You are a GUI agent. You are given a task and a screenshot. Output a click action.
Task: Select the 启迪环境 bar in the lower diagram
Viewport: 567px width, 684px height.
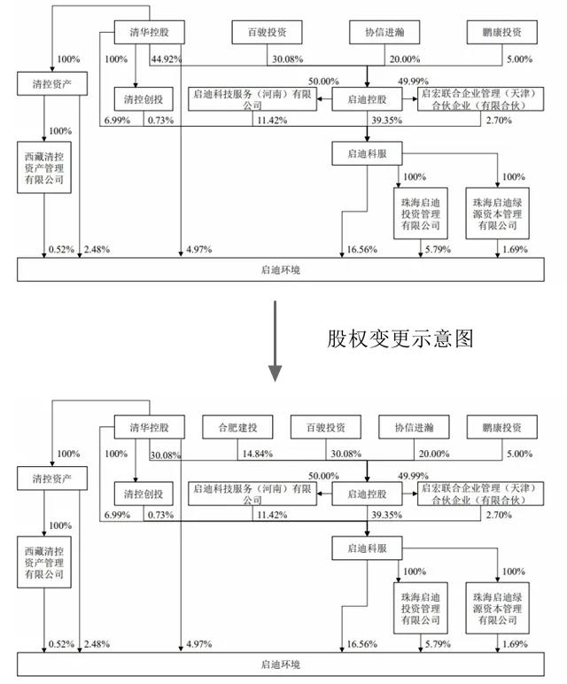pyautogui.click(x=283, y=663)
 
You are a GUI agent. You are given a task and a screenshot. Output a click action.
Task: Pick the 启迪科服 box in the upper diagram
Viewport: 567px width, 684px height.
pyautogui.click(x=367, y=154)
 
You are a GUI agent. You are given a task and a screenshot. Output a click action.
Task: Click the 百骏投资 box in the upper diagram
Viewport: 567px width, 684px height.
pyautogui.click(x=266, y=33)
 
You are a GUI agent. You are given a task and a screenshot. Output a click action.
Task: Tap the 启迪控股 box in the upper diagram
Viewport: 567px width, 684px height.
pyautogui.click(x=367, y=98)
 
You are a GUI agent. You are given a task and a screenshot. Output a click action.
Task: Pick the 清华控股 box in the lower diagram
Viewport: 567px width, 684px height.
pyautogui.click(x=147, y=428)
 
